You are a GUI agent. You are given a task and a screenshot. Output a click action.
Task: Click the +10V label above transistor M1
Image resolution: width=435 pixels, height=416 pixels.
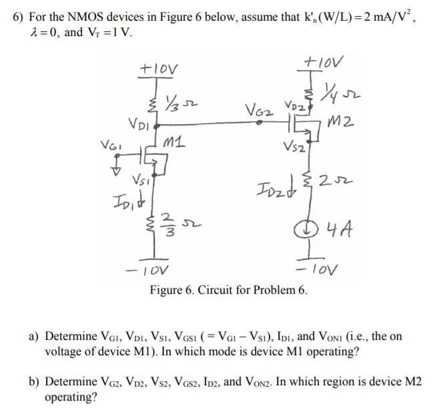[155, 67]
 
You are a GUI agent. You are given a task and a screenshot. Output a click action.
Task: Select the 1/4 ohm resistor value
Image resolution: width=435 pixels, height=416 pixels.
[352, 90]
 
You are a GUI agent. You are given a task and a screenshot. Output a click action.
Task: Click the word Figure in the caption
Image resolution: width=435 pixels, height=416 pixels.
[166, 290]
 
